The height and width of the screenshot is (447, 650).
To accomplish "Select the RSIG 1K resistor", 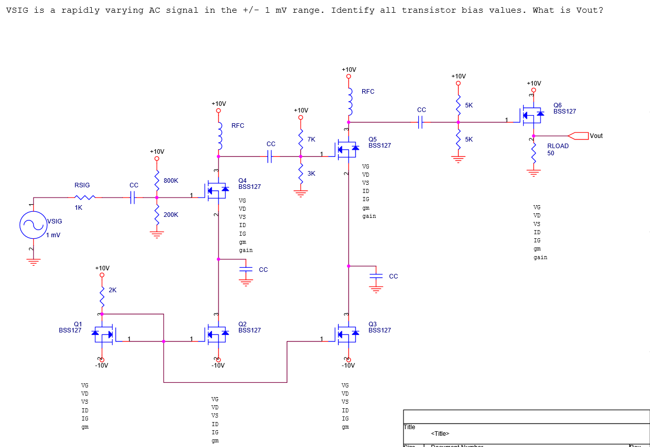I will [85, 198].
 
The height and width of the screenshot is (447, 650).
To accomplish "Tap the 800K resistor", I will [157, 181].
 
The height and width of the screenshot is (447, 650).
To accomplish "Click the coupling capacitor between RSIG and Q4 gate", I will [133, 198].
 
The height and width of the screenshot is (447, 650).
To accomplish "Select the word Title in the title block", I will [409, 427].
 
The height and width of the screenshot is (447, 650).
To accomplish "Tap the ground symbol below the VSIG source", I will [33, 262].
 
